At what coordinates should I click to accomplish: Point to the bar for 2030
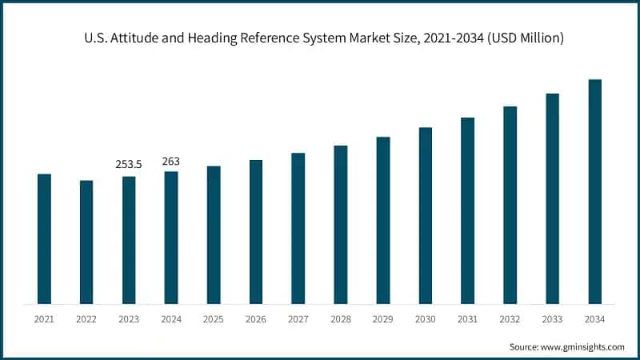[x=426, y=215]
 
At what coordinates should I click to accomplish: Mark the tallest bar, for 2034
[x=595, y=191]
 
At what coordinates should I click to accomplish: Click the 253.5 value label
[x=129, y=164]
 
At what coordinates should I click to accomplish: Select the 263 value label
[x=171, y=161]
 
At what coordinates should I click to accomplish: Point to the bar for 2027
[x=298, y=228]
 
